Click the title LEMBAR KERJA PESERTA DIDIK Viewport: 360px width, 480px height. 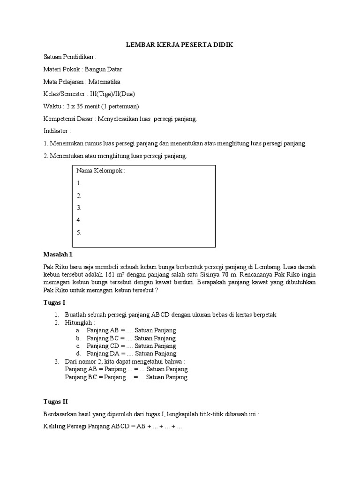pos(180,45)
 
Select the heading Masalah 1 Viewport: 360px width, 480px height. pos(58,255)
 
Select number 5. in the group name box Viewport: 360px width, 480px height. pos(79,232)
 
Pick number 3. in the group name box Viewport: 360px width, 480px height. pos(79,208)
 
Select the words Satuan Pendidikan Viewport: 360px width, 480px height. pos(67,57)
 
